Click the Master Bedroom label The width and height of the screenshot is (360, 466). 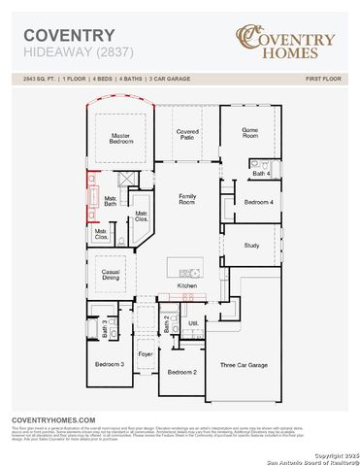pyautogui.click(x=121, y=138)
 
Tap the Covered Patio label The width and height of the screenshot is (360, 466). pyautogui.click(x=187, y=134)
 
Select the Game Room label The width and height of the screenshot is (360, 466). pyautogui.click(x=249, y=134)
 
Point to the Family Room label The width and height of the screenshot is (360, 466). pyautogui.click(x=187, y=199)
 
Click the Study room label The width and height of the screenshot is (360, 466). pyautogui.click(x=251, y=245)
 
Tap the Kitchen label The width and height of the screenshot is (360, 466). pyautogui.click(x=187, y=286)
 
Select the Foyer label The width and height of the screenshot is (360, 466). pyautogui.click(x=146, y=354)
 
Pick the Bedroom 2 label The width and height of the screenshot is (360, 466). pyautogui.click(x=182, y=372)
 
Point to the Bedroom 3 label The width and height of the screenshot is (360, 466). pyautogui.click(x=109, y=364)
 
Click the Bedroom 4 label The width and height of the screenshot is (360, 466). pyautogui.click(x=257, y=202)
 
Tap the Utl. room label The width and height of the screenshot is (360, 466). pyautogui.click(x=192, y=323)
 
